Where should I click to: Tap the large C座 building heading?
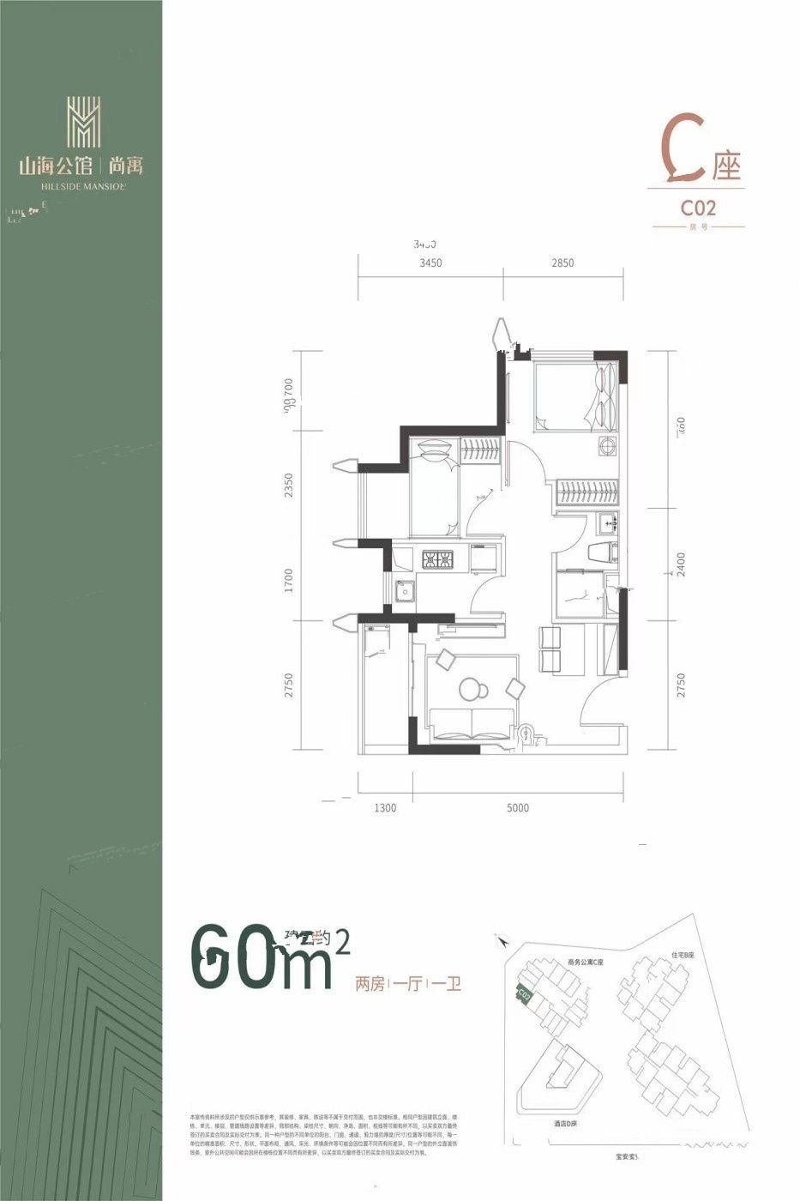699,159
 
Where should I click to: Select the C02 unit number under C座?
698,208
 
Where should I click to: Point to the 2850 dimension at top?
562,263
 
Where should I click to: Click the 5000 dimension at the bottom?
517,807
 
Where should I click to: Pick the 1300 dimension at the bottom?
385,807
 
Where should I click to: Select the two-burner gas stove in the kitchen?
440,560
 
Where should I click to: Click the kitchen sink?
402,591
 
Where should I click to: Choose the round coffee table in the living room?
472,689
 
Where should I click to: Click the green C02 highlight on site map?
524,995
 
